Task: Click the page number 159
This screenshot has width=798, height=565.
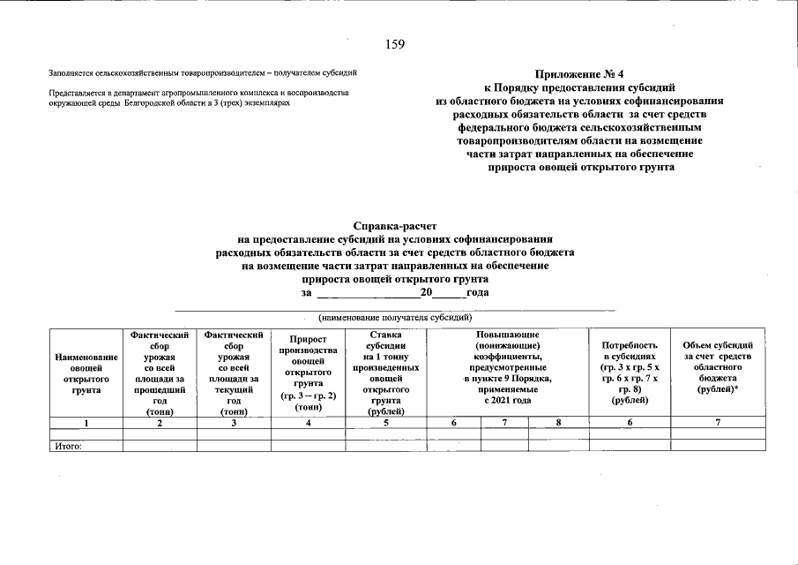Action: tap(396, 45)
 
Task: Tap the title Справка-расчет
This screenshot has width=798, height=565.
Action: tap(395, 227)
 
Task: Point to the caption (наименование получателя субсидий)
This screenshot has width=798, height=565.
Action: tap(395, 317)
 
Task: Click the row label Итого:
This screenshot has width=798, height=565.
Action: tap(68, 447)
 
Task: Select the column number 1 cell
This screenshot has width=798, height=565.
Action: tap(86, 424)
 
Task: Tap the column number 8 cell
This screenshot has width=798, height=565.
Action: tap(558, 424)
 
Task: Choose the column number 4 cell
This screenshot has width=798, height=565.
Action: tap(307, 424)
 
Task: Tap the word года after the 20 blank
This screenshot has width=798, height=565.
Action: tap(477, 292)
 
